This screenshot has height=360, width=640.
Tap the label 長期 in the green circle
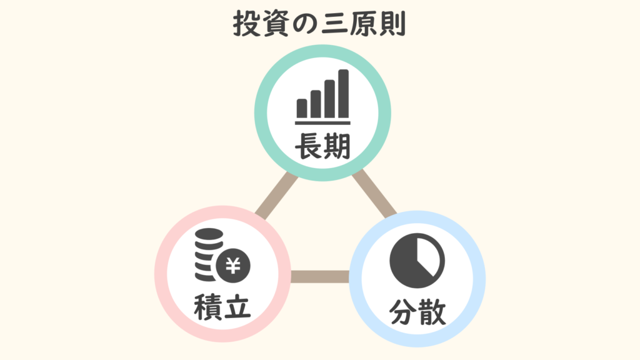pyautogui.click(x=323, y=146)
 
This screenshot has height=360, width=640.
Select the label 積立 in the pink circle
pyautogui.click(x=222, y=307)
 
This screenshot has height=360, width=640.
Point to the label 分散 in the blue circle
pyautogui.click(x=417, y=312)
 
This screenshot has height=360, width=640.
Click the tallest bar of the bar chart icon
pyautogui.click(x=343, y=94)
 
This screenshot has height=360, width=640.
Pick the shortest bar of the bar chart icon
pyautogui.click(x=302, y=108)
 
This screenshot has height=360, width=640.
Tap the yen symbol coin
pyautogui.click(x=234, y=266)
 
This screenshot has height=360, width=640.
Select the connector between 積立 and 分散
pyautogui.click(x=320, y=276)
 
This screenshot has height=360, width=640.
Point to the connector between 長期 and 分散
pyautogui.click(x=374, y=193)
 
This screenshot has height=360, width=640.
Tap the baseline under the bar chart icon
pyautogui.click(x=322, y=122)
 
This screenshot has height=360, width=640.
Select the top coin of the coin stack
pyautogui.click(x=209, y=234)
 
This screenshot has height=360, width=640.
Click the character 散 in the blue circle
pyautogui.click(x=432, y=312)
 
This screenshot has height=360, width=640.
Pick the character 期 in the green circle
pyautogui.click(x=337, y=146)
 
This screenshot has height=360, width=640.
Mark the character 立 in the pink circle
pyautogui.click(x=237, y=307)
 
